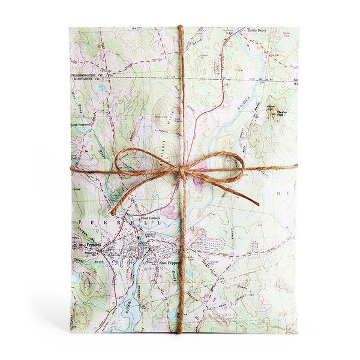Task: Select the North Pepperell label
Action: click(x=83, y=124)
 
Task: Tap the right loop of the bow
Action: click(x=222, y=164)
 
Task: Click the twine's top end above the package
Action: click(x=181, y=26)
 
